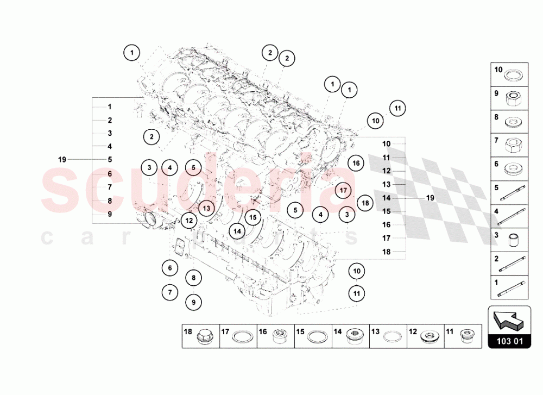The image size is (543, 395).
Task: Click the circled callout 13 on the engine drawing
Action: point(206,207)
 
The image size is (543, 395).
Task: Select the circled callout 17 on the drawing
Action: point(343,191)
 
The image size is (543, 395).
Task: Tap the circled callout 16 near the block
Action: point(356,162)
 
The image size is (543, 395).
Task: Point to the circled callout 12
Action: point(188,221)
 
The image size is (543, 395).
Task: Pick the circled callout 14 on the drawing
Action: point(237,231)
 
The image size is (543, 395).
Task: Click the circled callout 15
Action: point(252,217)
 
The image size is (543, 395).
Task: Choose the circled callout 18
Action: point(365,203)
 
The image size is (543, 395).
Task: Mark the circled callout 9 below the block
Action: point(193,300)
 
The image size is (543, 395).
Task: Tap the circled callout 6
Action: point(170,268)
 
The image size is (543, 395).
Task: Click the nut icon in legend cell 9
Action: point(512,98)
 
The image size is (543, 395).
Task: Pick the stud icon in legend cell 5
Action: point(512,193)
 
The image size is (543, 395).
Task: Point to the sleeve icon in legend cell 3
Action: point(512,241)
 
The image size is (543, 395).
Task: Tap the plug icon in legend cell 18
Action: point(205,336)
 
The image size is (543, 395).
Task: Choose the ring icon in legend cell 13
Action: point(392,336)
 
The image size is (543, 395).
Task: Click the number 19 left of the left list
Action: point(62,159)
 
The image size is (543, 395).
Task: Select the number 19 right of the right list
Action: point(430,198)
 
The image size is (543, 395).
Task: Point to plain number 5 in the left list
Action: point(109,159)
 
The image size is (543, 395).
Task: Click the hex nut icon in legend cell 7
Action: point(512,146)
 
